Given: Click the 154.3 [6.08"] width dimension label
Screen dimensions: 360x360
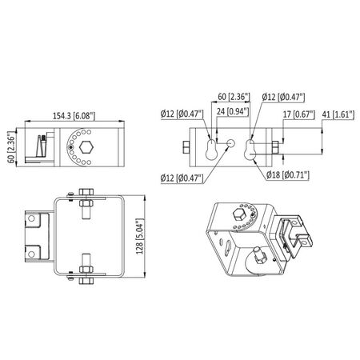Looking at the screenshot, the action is point(74,116).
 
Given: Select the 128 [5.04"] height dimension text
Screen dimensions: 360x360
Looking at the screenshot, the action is point(140,237).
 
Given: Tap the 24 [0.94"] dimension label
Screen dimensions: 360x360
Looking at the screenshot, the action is point(233,111).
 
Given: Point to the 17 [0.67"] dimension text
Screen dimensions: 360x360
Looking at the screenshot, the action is point(298,114).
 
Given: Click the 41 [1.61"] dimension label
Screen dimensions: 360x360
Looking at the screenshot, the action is point(338,114).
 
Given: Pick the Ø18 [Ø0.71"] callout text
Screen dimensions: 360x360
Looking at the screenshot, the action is point(288,175).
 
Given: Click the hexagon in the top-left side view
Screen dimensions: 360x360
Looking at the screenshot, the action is point(86,147).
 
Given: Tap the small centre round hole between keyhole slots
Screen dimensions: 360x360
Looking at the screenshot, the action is point(230,143).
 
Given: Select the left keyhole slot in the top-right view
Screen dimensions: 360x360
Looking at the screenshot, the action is point(211,150).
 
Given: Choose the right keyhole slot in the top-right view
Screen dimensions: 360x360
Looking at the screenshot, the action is point(250,150).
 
